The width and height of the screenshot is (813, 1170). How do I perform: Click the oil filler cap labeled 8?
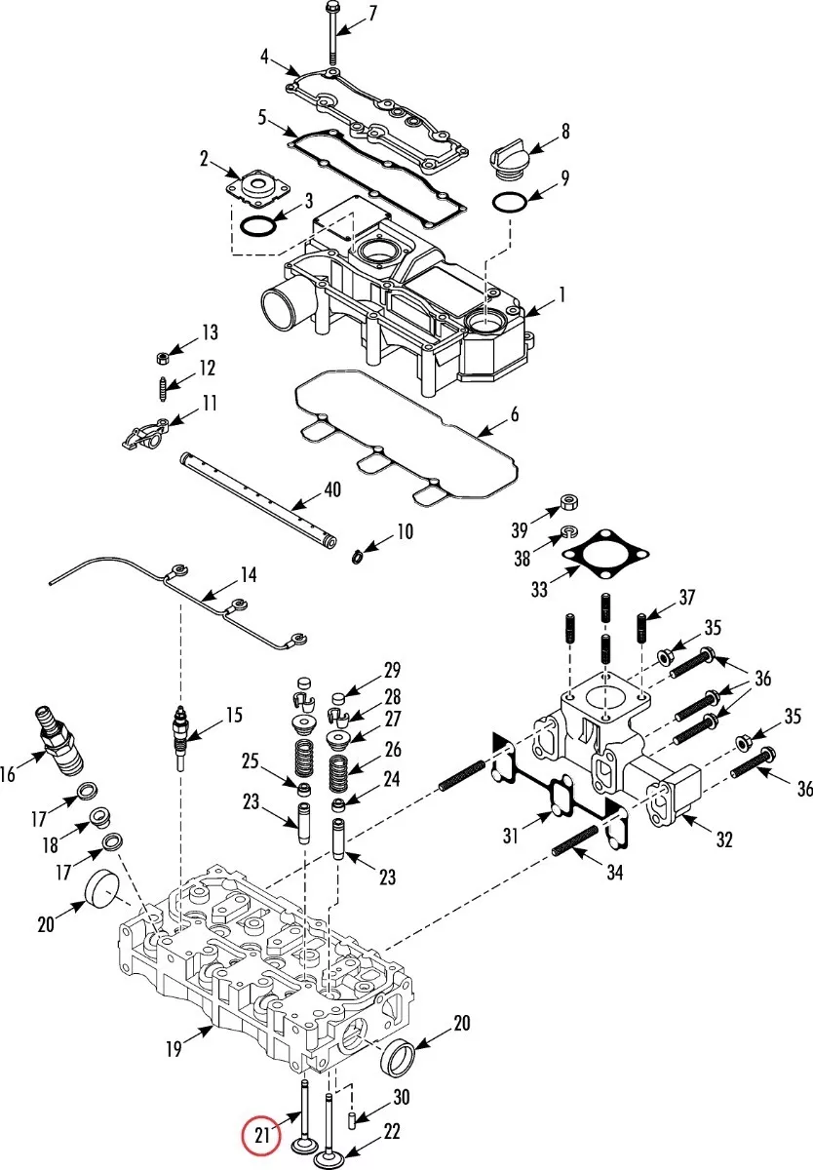[509, 160]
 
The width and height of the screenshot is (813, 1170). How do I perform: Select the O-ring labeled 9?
[510, 203]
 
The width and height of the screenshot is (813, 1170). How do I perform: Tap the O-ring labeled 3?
[258, 225]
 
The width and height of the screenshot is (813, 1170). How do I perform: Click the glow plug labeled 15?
[180, 735]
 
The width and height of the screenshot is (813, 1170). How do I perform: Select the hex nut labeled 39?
[569, 502]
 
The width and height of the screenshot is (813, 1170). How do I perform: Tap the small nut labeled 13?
[162, 358]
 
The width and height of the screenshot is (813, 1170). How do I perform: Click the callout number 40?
[331, 489]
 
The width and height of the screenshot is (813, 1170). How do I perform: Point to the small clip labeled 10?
[357, 558]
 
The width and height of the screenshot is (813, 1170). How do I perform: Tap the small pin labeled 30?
[352, 1120]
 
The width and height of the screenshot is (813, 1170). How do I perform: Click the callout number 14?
[249, 575]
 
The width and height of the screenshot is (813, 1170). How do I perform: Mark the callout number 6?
[515, 414]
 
